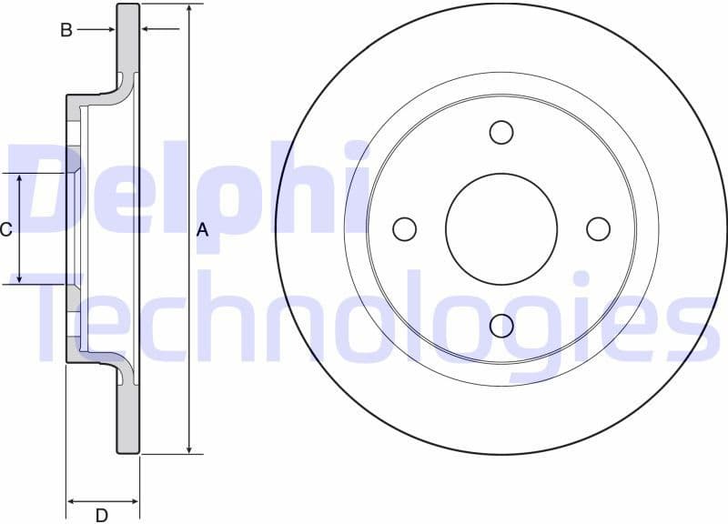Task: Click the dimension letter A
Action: click(202, 230)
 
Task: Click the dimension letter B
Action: click(66, 30)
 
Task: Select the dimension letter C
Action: click(6, 229)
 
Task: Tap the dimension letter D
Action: click(102, 516)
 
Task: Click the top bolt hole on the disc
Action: click(500, 133)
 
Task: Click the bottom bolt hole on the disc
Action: click(500, 325)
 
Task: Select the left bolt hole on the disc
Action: click(404, 229)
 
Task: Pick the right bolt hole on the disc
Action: click(598, 229)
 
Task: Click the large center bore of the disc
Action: click(500, 229)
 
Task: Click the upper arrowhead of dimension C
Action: click(20, 179)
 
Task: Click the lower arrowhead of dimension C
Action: click(20, 277)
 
